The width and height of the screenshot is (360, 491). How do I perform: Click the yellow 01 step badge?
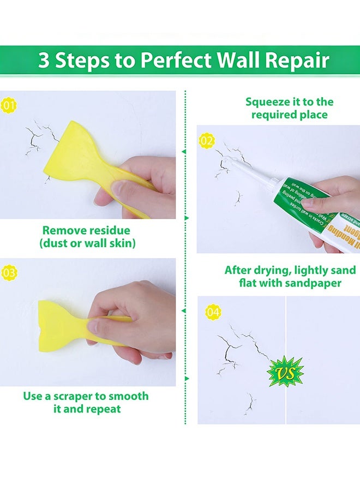(x=8, y=106)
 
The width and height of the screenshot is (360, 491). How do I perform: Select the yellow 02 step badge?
(x=207, y=141)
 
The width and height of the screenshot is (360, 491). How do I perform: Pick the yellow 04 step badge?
(x=213, y=313)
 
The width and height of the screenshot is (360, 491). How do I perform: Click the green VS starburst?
(x=285, y=372)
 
